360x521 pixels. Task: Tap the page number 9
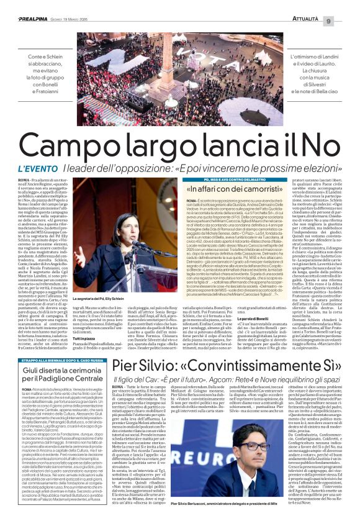click(344, 5)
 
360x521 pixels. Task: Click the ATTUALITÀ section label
click(318, 5)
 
